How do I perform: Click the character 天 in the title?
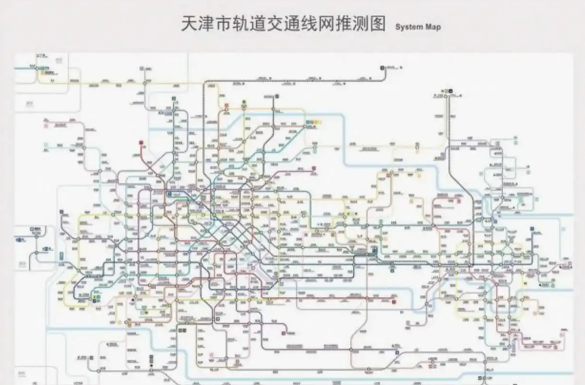point(190,24)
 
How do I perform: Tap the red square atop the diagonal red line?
point(141,143)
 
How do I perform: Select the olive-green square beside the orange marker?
point(244,102)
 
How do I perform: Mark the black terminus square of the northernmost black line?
point(382,68)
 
